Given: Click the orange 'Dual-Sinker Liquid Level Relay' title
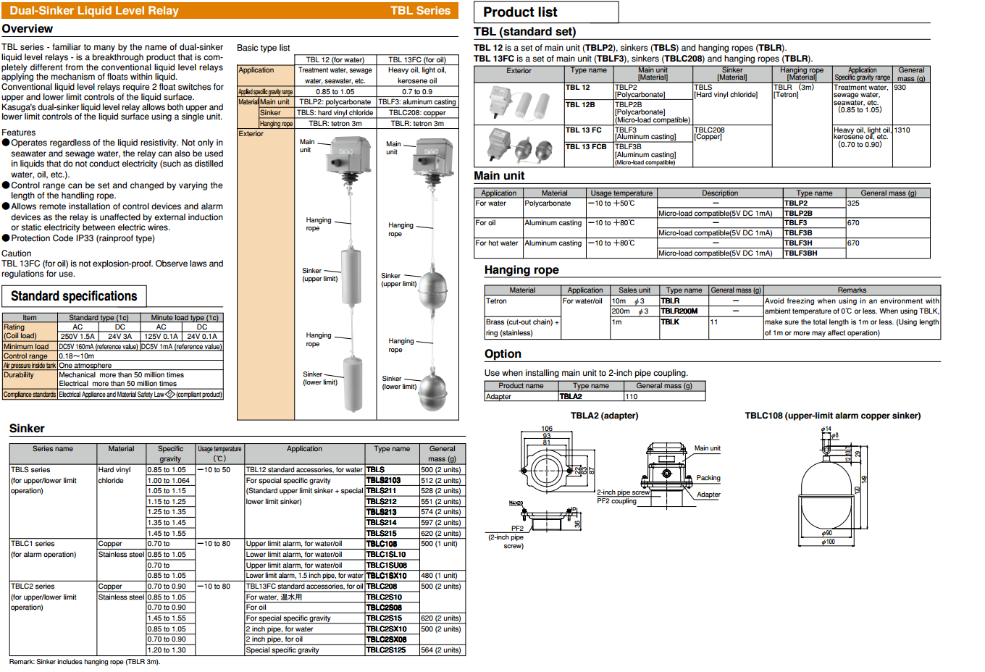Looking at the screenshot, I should pyautogui.click(x=94, y=11).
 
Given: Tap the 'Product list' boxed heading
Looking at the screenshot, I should pyautogui.click(x=520, y=12).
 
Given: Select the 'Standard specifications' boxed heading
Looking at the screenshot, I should pyautogui.click(x=74, y=296).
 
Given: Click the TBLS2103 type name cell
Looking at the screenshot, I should pyautogui.click(x=383, y=480).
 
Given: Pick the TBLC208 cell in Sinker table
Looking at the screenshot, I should pyautogui.click(x=382, y=587).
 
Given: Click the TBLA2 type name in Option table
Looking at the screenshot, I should pyautogui.click(x=571, y=396).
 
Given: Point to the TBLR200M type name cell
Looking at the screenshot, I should pyautogui.click(x=679, y=311).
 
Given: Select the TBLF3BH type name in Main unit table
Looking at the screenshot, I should pyautogui.click(x=800, y=253).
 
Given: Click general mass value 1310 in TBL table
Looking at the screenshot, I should pyautogui.click(x=902, y=130).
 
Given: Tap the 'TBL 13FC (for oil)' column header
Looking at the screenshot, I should pyautogui.click(x=417, y=60).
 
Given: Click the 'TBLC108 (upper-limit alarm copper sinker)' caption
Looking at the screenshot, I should pyautogui.click(x=832, y=416).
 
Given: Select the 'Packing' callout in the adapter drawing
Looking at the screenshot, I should pyautogui.click(x=708, y=478).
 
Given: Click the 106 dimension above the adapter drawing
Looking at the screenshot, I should pyautogui.click(x=546, y=429).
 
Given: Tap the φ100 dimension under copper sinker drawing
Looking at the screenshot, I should pyautogui.click(x=828, y=542).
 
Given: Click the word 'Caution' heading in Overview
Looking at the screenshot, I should pyautogui.click(x=16, y=253).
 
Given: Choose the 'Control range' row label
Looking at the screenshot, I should pyautogui.click(x=25, y=356).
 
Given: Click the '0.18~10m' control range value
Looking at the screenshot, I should pyautogui.click(x=77, y=356).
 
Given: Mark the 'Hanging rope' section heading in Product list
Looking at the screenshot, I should pyautogui.click(x=521, y=270).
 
